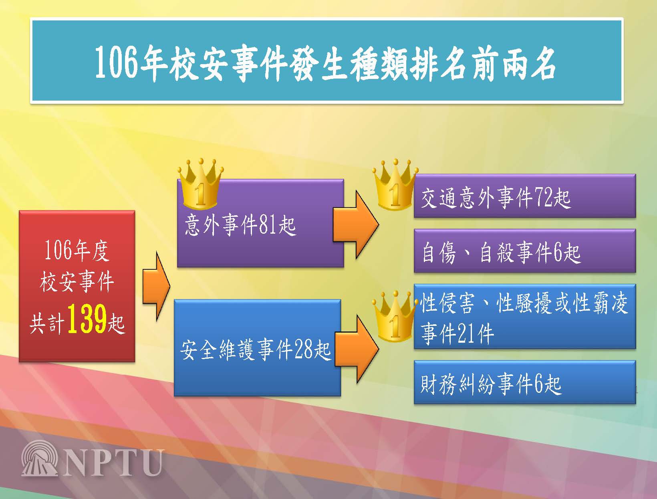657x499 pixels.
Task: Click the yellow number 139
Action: pos(87,319)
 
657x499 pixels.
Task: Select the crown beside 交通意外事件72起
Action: pos(395,184)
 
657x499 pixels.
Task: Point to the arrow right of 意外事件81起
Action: pos(356,224)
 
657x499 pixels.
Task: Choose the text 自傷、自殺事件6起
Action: pos(502,253)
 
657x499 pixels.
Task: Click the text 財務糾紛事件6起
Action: pos(491,384)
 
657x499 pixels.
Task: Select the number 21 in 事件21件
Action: pos(467,333)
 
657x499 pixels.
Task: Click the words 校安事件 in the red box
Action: pos(77,282)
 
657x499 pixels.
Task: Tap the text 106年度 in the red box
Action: pos(77,251)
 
